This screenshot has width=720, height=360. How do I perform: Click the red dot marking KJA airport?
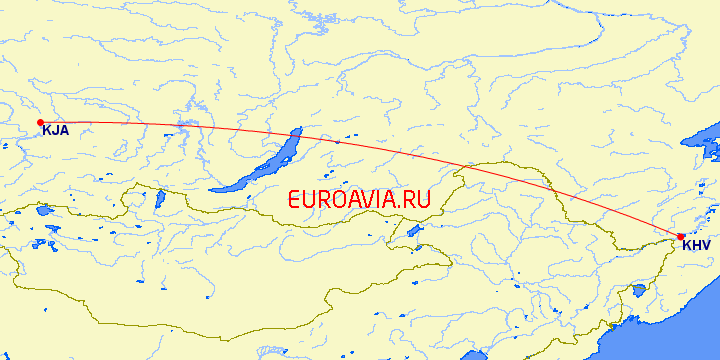[40, 122]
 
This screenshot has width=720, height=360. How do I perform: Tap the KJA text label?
[55, 130]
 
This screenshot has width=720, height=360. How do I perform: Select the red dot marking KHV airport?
[681, 237]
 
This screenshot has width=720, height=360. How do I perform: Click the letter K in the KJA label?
[46, 130]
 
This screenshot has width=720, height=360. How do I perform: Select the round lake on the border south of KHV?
[637, 291]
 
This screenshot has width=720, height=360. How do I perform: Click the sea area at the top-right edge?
[705, 140]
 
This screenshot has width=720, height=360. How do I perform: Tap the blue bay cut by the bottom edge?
[476, 354]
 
